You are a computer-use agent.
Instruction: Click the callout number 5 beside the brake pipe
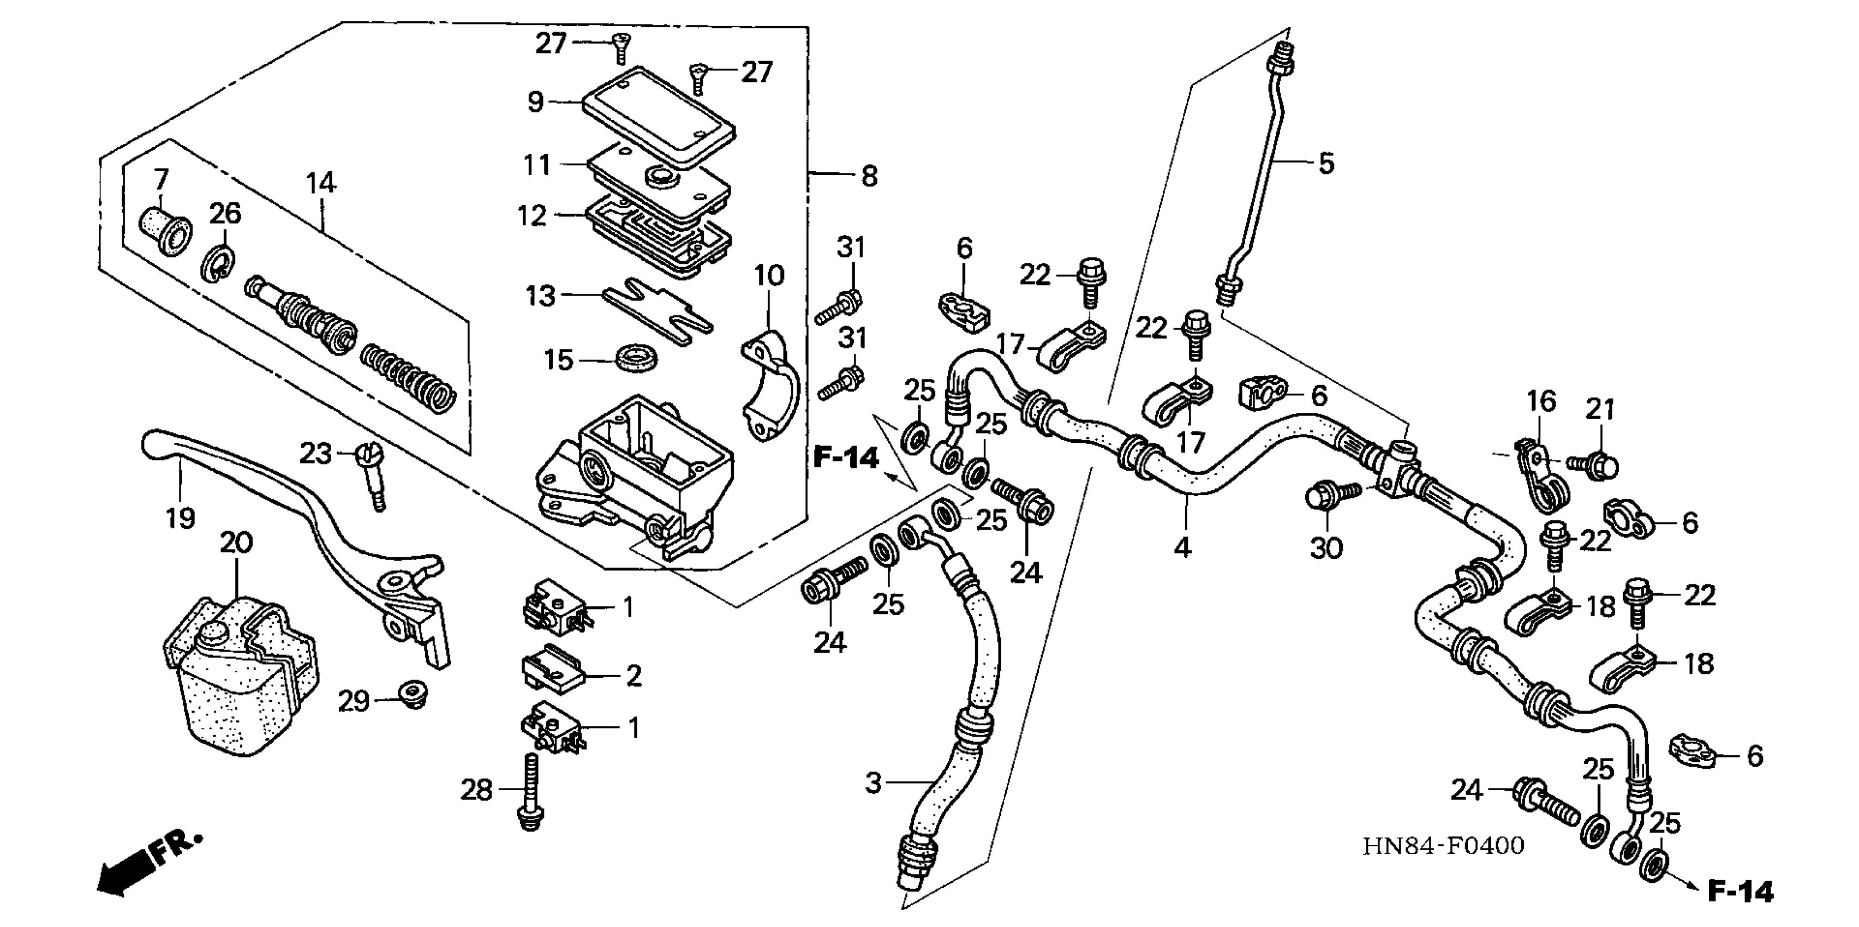(x=1326, y=164)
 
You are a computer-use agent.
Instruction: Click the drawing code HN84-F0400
(x=1443, y=846)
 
